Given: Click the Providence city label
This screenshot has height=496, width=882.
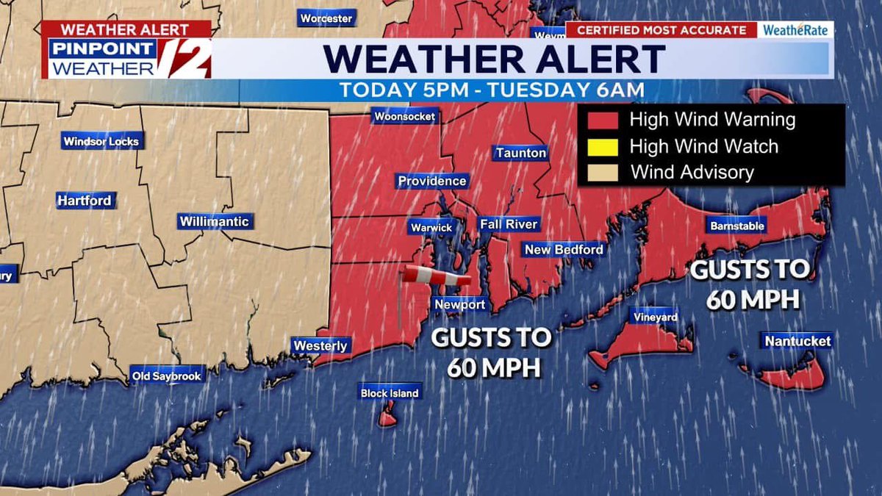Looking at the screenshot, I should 432,181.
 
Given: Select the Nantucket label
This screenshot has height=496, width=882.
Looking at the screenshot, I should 797,341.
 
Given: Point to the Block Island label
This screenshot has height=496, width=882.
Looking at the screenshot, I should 390,393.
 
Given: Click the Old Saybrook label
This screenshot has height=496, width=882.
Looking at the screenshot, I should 167,376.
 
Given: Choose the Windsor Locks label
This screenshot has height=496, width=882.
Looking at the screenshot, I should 101,142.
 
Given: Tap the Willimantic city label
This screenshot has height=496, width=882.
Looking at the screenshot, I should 214,221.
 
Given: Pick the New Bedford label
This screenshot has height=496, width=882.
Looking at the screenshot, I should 564,250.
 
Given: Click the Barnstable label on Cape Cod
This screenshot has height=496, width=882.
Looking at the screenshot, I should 737,226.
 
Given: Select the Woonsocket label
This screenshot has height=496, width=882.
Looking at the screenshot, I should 404,116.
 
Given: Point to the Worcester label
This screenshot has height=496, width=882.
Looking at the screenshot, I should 326,18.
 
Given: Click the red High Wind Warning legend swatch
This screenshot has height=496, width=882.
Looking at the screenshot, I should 600,119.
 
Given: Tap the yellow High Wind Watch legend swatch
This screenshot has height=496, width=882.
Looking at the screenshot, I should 600,146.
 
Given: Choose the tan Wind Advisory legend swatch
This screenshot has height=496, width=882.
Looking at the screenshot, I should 600,173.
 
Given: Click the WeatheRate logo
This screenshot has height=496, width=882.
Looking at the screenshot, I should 796,30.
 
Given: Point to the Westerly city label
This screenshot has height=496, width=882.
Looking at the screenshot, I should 320,345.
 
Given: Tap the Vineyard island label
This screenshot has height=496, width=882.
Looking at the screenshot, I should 653,317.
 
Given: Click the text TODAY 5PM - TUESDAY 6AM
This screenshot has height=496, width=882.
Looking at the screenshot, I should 492,90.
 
